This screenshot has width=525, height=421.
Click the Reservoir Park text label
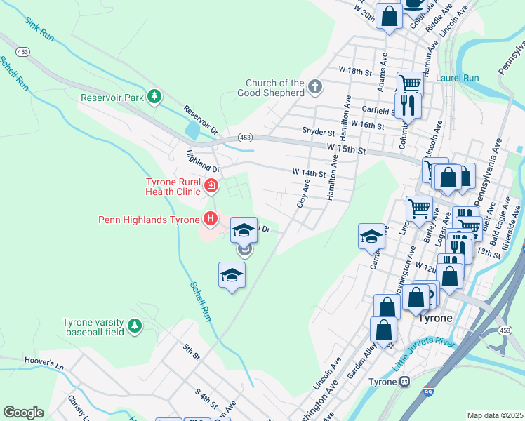[112, 98]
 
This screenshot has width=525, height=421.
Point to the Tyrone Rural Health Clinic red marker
[211, 186]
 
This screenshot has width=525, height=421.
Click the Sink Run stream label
[39, 32]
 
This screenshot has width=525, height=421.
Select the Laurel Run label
[457, 78]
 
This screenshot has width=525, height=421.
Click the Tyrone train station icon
[404, 382]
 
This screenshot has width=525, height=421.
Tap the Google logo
[23, 413]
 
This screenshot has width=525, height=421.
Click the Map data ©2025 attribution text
[494, 415]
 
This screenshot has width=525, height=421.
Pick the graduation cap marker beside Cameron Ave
[371, 236]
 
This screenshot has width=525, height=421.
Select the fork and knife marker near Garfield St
[408, 105]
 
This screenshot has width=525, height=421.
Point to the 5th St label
[191, 352]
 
